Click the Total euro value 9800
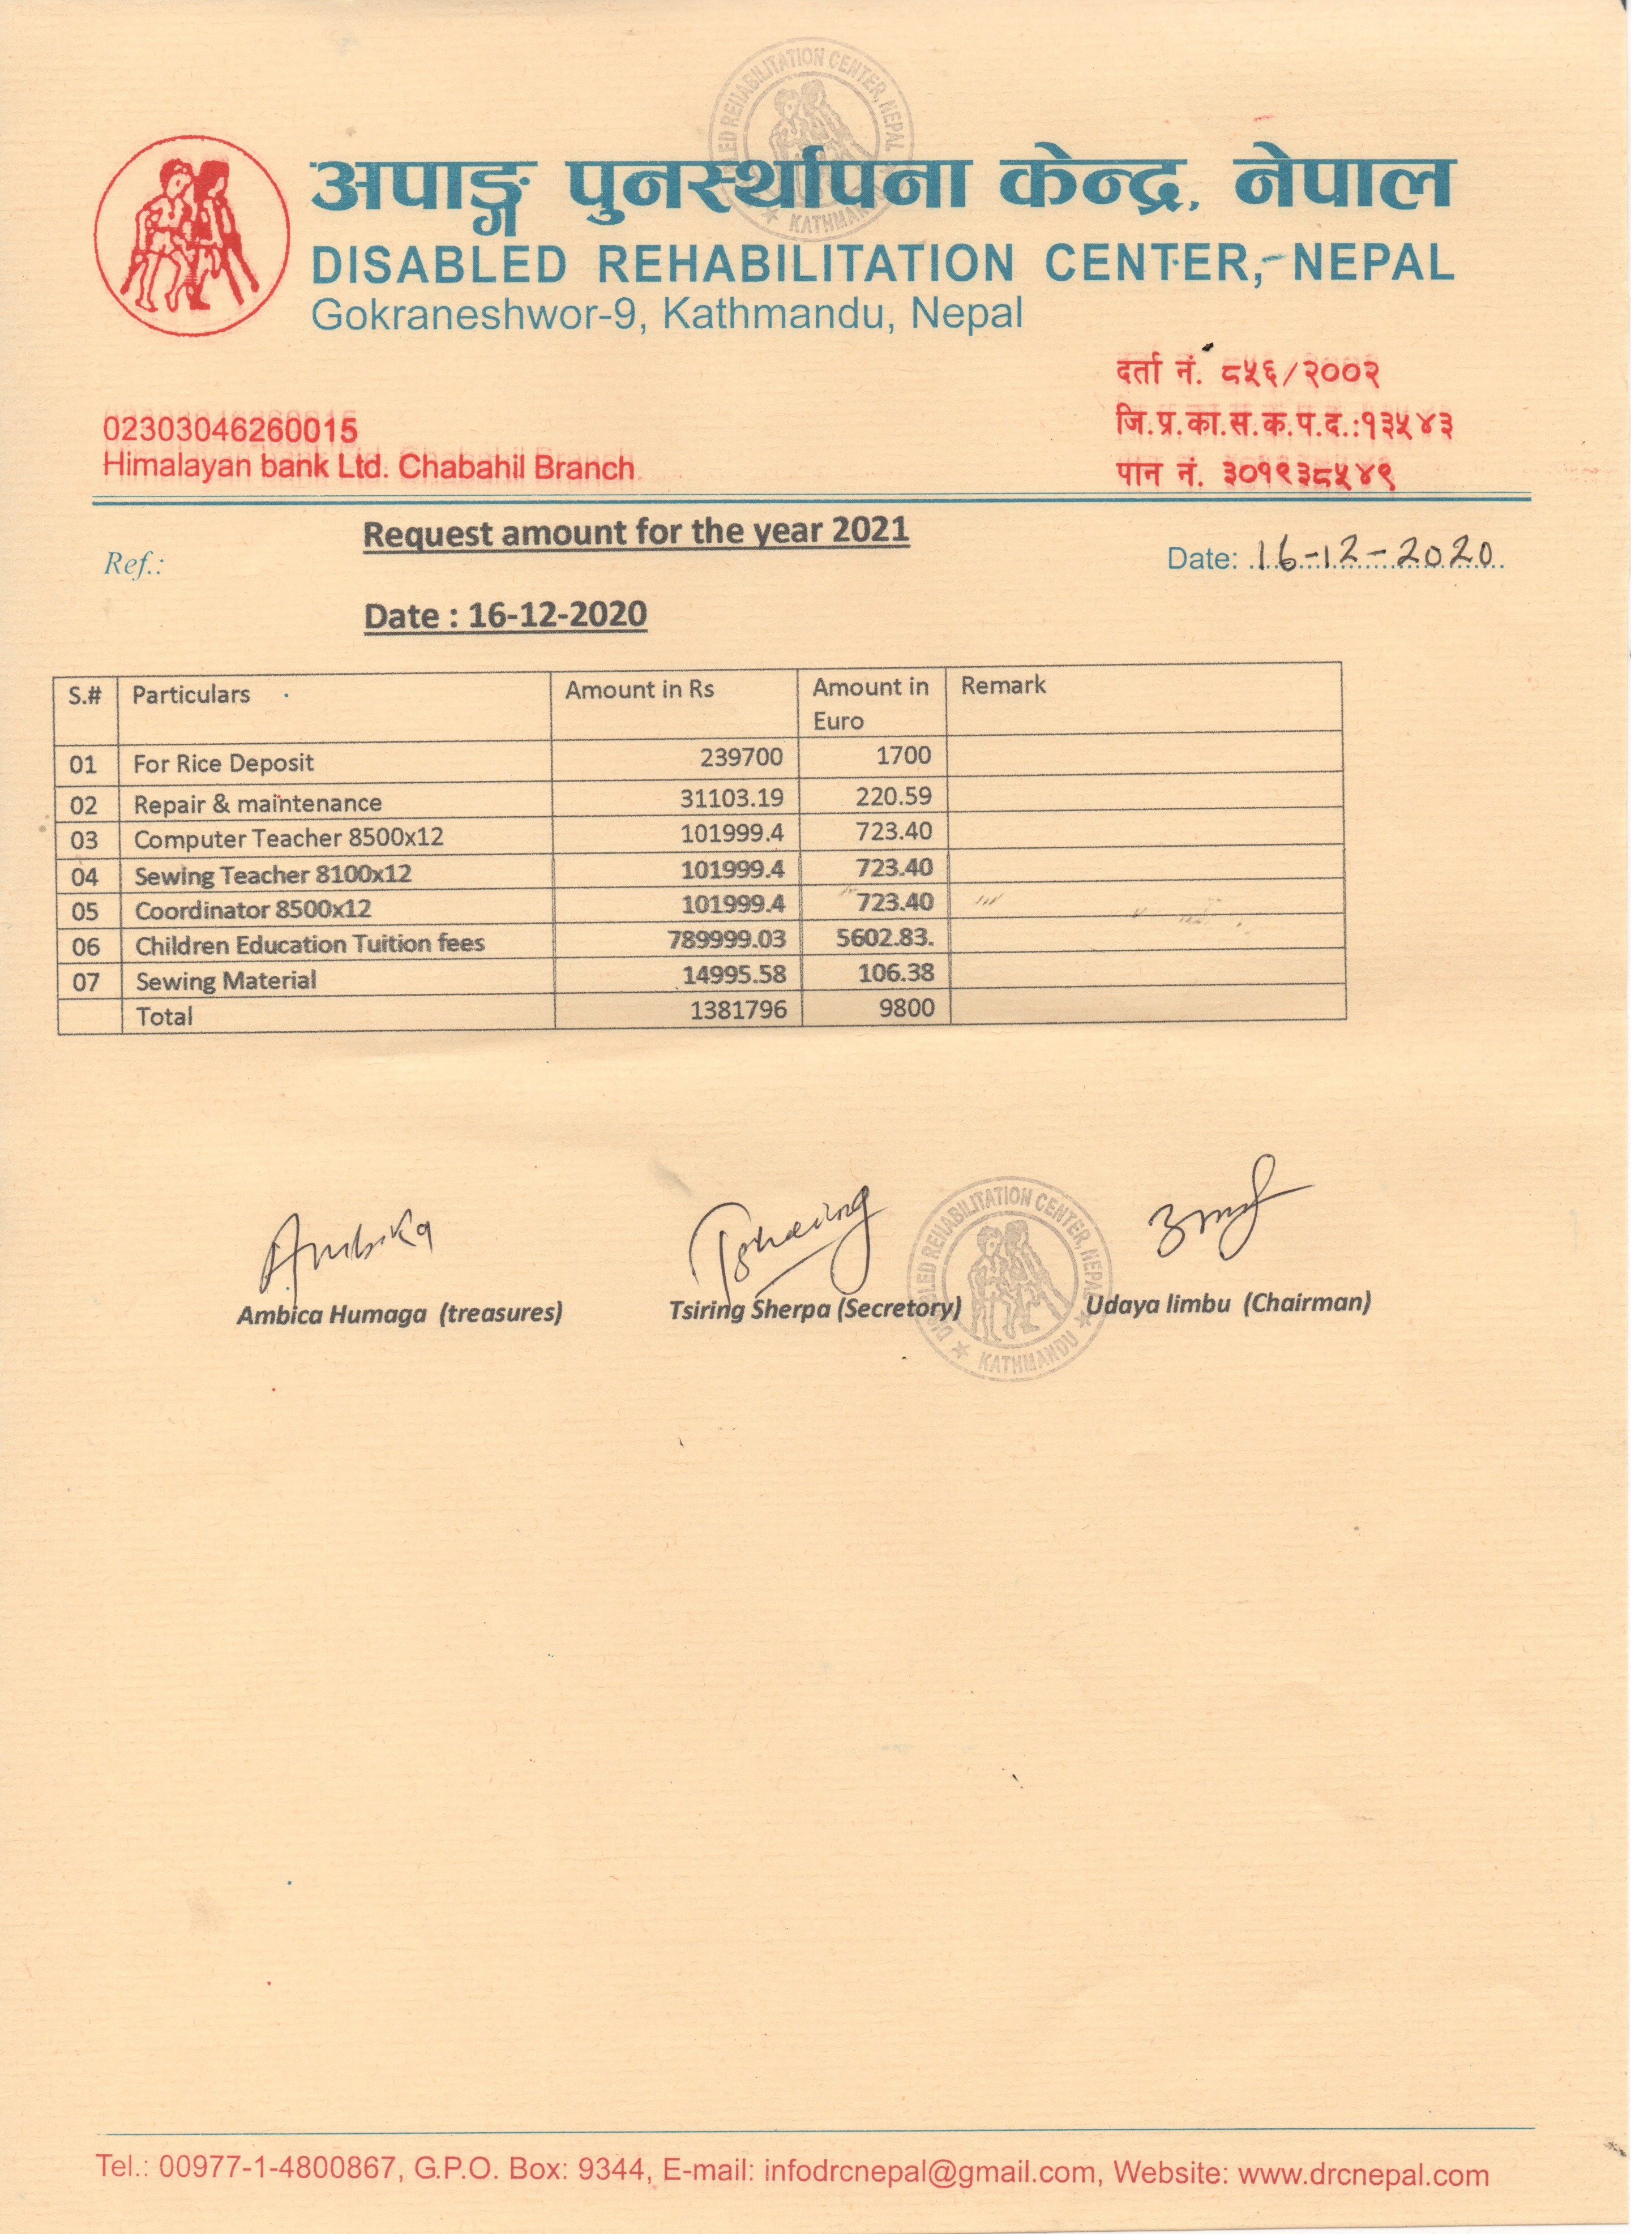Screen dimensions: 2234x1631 coord(905,1008)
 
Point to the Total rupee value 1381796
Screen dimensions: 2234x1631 coord(738,1010)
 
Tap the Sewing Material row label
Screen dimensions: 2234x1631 coord(226,980)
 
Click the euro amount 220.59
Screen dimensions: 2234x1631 coord(893,796)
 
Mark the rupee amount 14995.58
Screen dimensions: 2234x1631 coord(734,974)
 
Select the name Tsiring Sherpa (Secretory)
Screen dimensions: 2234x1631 coord(815,1309)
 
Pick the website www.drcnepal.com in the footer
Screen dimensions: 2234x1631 coord(1363,2174)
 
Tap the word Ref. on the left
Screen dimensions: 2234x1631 coord(132,564)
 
